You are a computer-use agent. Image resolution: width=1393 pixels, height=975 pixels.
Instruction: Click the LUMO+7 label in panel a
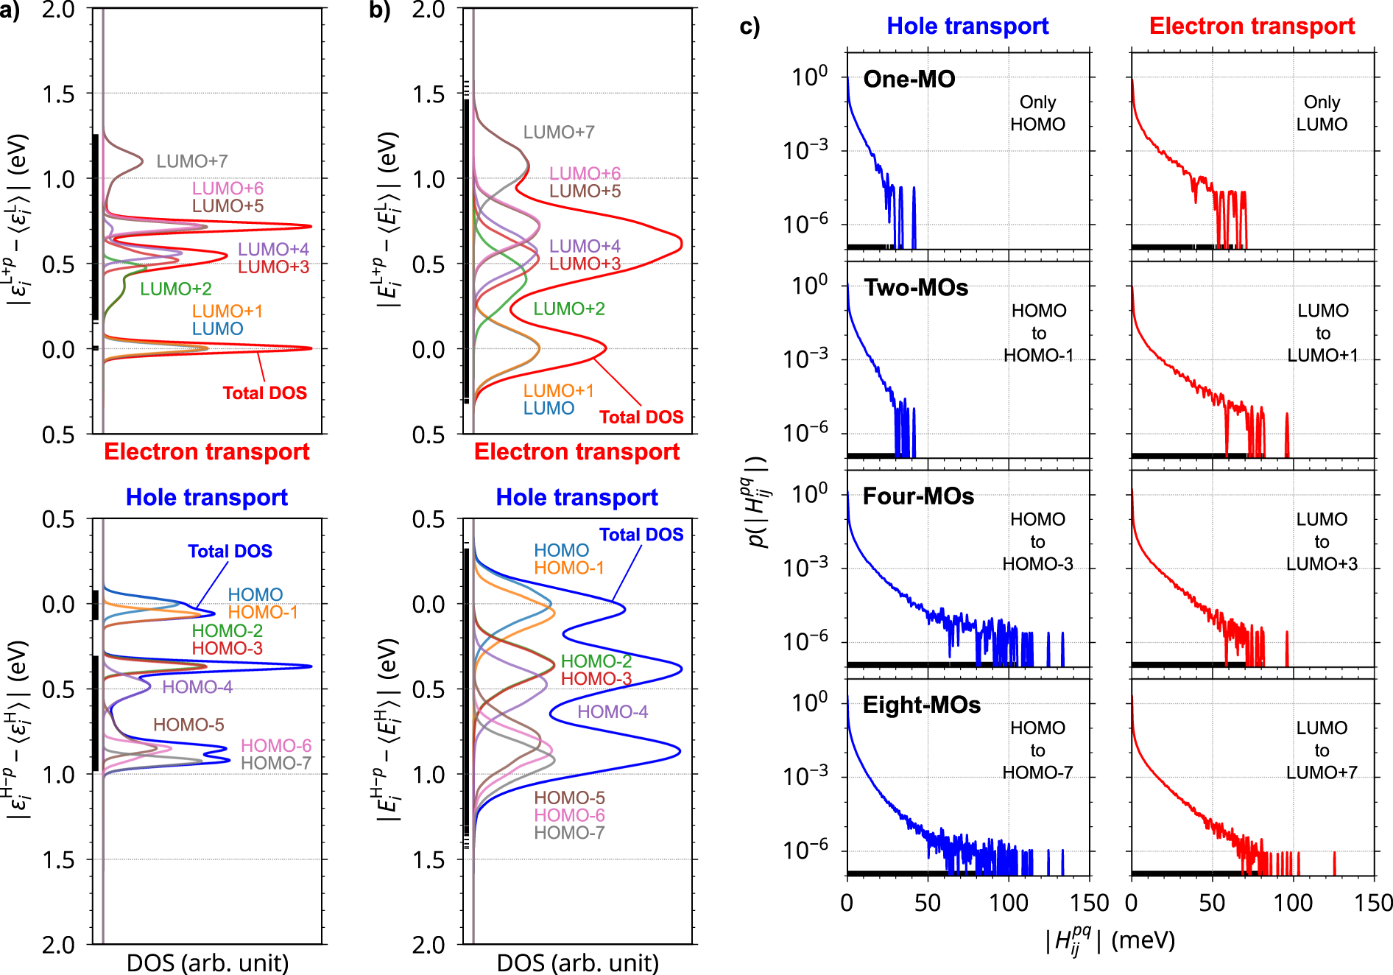point(191,161)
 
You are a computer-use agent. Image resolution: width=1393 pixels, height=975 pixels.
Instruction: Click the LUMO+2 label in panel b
point(569,309)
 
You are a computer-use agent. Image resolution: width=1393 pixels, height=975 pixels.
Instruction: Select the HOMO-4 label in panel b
point(613,711)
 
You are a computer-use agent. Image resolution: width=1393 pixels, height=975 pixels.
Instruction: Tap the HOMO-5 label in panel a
point(188,725)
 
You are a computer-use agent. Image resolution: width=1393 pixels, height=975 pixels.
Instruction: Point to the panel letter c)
point(750,27)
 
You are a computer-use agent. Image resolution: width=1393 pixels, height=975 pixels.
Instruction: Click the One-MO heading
point(909,79)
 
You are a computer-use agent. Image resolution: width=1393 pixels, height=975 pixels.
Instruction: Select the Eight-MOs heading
point(921,705)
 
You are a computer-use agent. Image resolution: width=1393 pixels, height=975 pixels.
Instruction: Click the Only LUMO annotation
point(1322,113)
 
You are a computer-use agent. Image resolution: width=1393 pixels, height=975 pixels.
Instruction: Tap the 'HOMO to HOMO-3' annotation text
point(1037,541)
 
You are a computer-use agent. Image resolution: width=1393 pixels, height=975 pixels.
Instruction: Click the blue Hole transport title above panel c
point(967,26)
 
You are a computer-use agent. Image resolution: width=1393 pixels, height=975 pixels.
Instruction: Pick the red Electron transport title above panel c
point(1252,26)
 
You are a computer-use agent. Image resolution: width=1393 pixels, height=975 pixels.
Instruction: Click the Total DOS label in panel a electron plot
point(264,393)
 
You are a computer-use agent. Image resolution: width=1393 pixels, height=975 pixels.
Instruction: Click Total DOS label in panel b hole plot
point(641,535)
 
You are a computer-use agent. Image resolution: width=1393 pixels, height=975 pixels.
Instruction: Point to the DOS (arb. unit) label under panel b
point(577,962)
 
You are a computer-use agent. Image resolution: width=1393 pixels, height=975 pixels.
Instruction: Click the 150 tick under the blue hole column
point(1089,903)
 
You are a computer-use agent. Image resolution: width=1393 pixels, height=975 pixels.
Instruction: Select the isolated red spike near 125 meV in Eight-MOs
point(1334,862)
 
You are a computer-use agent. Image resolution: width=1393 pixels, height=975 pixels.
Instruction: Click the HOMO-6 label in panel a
point(276,745)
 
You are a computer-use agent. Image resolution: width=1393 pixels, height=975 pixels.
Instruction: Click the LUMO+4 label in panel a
point(273,249)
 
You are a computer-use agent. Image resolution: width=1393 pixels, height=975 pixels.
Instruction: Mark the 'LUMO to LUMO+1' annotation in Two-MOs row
point(1322,333)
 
